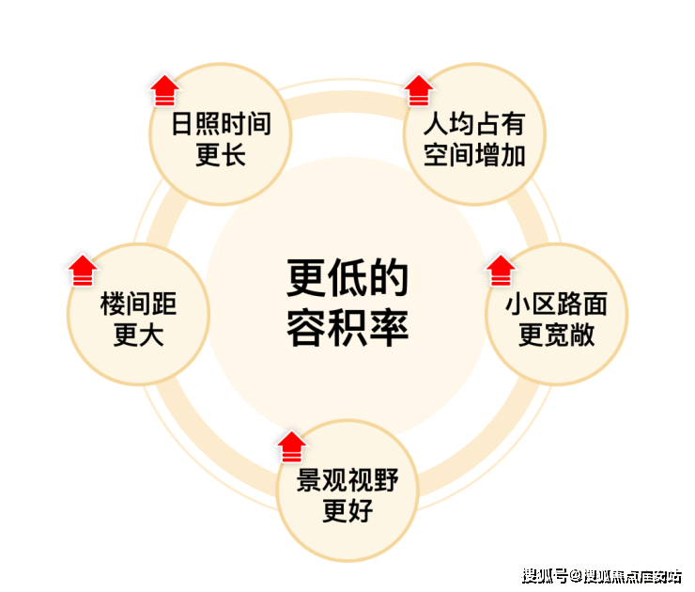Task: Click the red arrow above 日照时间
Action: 165,90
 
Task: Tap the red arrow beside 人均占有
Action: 419,90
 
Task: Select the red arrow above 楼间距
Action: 83,271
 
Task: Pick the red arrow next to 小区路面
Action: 501,271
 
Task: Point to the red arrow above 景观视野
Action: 292,446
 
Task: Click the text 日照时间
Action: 221,123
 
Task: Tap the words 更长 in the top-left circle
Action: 221,155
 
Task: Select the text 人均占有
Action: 474,123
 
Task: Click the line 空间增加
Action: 474,155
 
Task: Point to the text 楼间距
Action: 139,304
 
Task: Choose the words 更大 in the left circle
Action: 139,335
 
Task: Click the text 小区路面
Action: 556,304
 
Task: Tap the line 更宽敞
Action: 556,335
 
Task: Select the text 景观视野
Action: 347,480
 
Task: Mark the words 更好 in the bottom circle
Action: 347,511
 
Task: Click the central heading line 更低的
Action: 347,277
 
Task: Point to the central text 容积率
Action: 347,327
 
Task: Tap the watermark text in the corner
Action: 601,576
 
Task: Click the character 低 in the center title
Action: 347,277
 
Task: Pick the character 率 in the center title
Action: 389,327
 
